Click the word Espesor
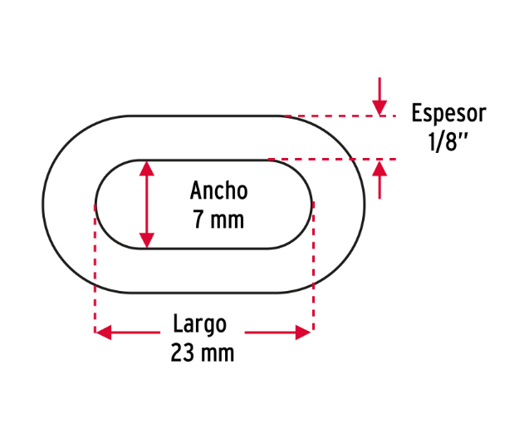[448, 115]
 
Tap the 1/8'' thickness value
[448, 141]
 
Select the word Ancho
[219, 190]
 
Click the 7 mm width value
[218, 219]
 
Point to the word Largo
[199, 325]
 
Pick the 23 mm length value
[202, 353]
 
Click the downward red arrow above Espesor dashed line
[380, 96]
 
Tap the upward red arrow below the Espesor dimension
[380, 180]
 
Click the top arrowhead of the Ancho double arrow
[147, 168]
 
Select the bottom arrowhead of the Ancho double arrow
[147, 240]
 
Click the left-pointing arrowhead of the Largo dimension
[104, 333]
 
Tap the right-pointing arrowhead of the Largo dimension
[303, 333]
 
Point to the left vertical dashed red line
[96, 269]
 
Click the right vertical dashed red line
[313, 266]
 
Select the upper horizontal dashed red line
[340, 116]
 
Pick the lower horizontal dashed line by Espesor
[332, 159]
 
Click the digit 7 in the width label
[198, 219]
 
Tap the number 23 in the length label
[183, 353]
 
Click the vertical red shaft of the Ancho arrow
[147, 205]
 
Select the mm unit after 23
[218, 355]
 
